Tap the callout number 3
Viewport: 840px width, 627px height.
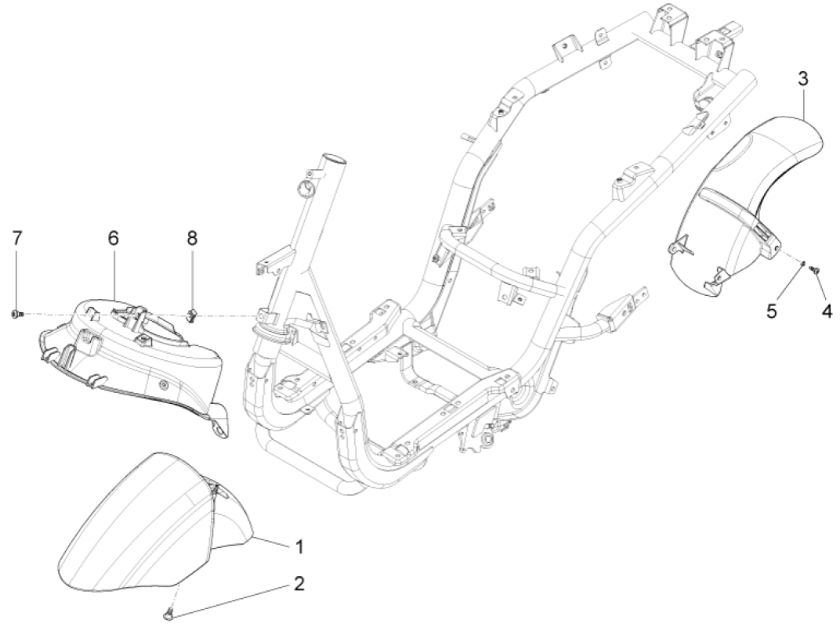pos(803,78)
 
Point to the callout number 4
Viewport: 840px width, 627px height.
pos(826,311)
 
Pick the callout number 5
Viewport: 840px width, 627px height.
pos(793,311)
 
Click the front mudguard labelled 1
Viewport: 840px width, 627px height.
pos(133,517)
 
